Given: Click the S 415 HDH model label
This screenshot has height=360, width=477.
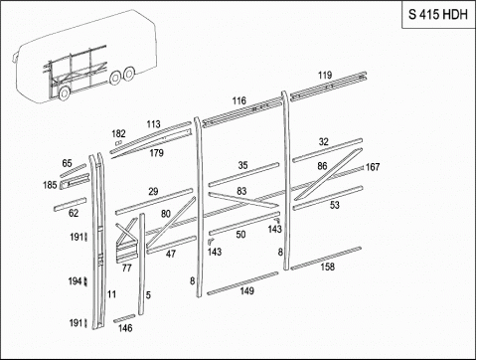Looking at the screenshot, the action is (x=437, y=14).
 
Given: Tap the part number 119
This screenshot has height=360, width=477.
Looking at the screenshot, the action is (x=325, y=76).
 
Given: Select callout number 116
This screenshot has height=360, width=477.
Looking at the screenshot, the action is (x=239, y=100).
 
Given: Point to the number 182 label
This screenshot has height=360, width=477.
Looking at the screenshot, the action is (x=118, y=133).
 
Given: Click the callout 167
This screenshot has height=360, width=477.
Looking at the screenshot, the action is (x=373, y=167).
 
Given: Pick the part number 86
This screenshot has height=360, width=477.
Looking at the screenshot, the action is (x=322, y=166).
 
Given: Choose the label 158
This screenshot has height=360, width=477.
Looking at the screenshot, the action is (x=328, y=267).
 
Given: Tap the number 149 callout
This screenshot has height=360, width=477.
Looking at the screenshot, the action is (x=246, y=291).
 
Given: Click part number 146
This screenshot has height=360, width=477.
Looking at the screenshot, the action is (x=125, y=328).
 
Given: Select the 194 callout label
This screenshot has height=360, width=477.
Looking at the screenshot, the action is (x=75, y=281).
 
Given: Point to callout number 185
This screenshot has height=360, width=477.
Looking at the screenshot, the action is (x=50, y=185).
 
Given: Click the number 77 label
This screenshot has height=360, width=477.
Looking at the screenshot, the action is (x=127, y=268).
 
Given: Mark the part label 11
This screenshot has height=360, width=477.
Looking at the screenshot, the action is (x=111, y=294).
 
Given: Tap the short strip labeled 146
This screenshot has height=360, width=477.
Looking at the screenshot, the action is (x=124, y=318).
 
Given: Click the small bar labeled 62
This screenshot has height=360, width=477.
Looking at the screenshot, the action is (x=71, y=204).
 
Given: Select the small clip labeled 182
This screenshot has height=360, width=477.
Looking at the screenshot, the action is (x=118, y=143).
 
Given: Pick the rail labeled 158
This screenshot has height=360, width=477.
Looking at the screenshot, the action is (x=326, y=258).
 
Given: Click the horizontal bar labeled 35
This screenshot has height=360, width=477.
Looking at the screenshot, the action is (x=243, y=174).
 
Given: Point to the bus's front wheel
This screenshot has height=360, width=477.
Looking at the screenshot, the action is (x=64, y=93).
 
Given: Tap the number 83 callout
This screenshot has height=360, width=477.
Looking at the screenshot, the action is (x=241, y=191).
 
